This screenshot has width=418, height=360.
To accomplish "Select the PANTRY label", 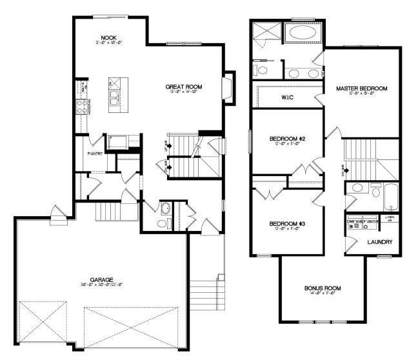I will pos(96,154).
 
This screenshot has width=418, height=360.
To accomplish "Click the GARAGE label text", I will pos(101,280).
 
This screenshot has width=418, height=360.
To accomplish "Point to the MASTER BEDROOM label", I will pos(362,88).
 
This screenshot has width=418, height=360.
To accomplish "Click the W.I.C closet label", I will pos(288,97).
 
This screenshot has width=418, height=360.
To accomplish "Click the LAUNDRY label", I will pos(380,243).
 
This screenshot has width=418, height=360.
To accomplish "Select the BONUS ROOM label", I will pos(323,288).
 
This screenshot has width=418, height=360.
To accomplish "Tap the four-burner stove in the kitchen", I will pos(83,106).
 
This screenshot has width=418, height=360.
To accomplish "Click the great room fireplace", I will pos(226,86).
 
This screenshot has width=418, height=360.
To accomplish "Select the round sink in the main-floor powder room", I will pos(164,209).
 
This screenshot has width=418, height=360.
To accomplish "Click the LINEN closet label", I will pos(389,219).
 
